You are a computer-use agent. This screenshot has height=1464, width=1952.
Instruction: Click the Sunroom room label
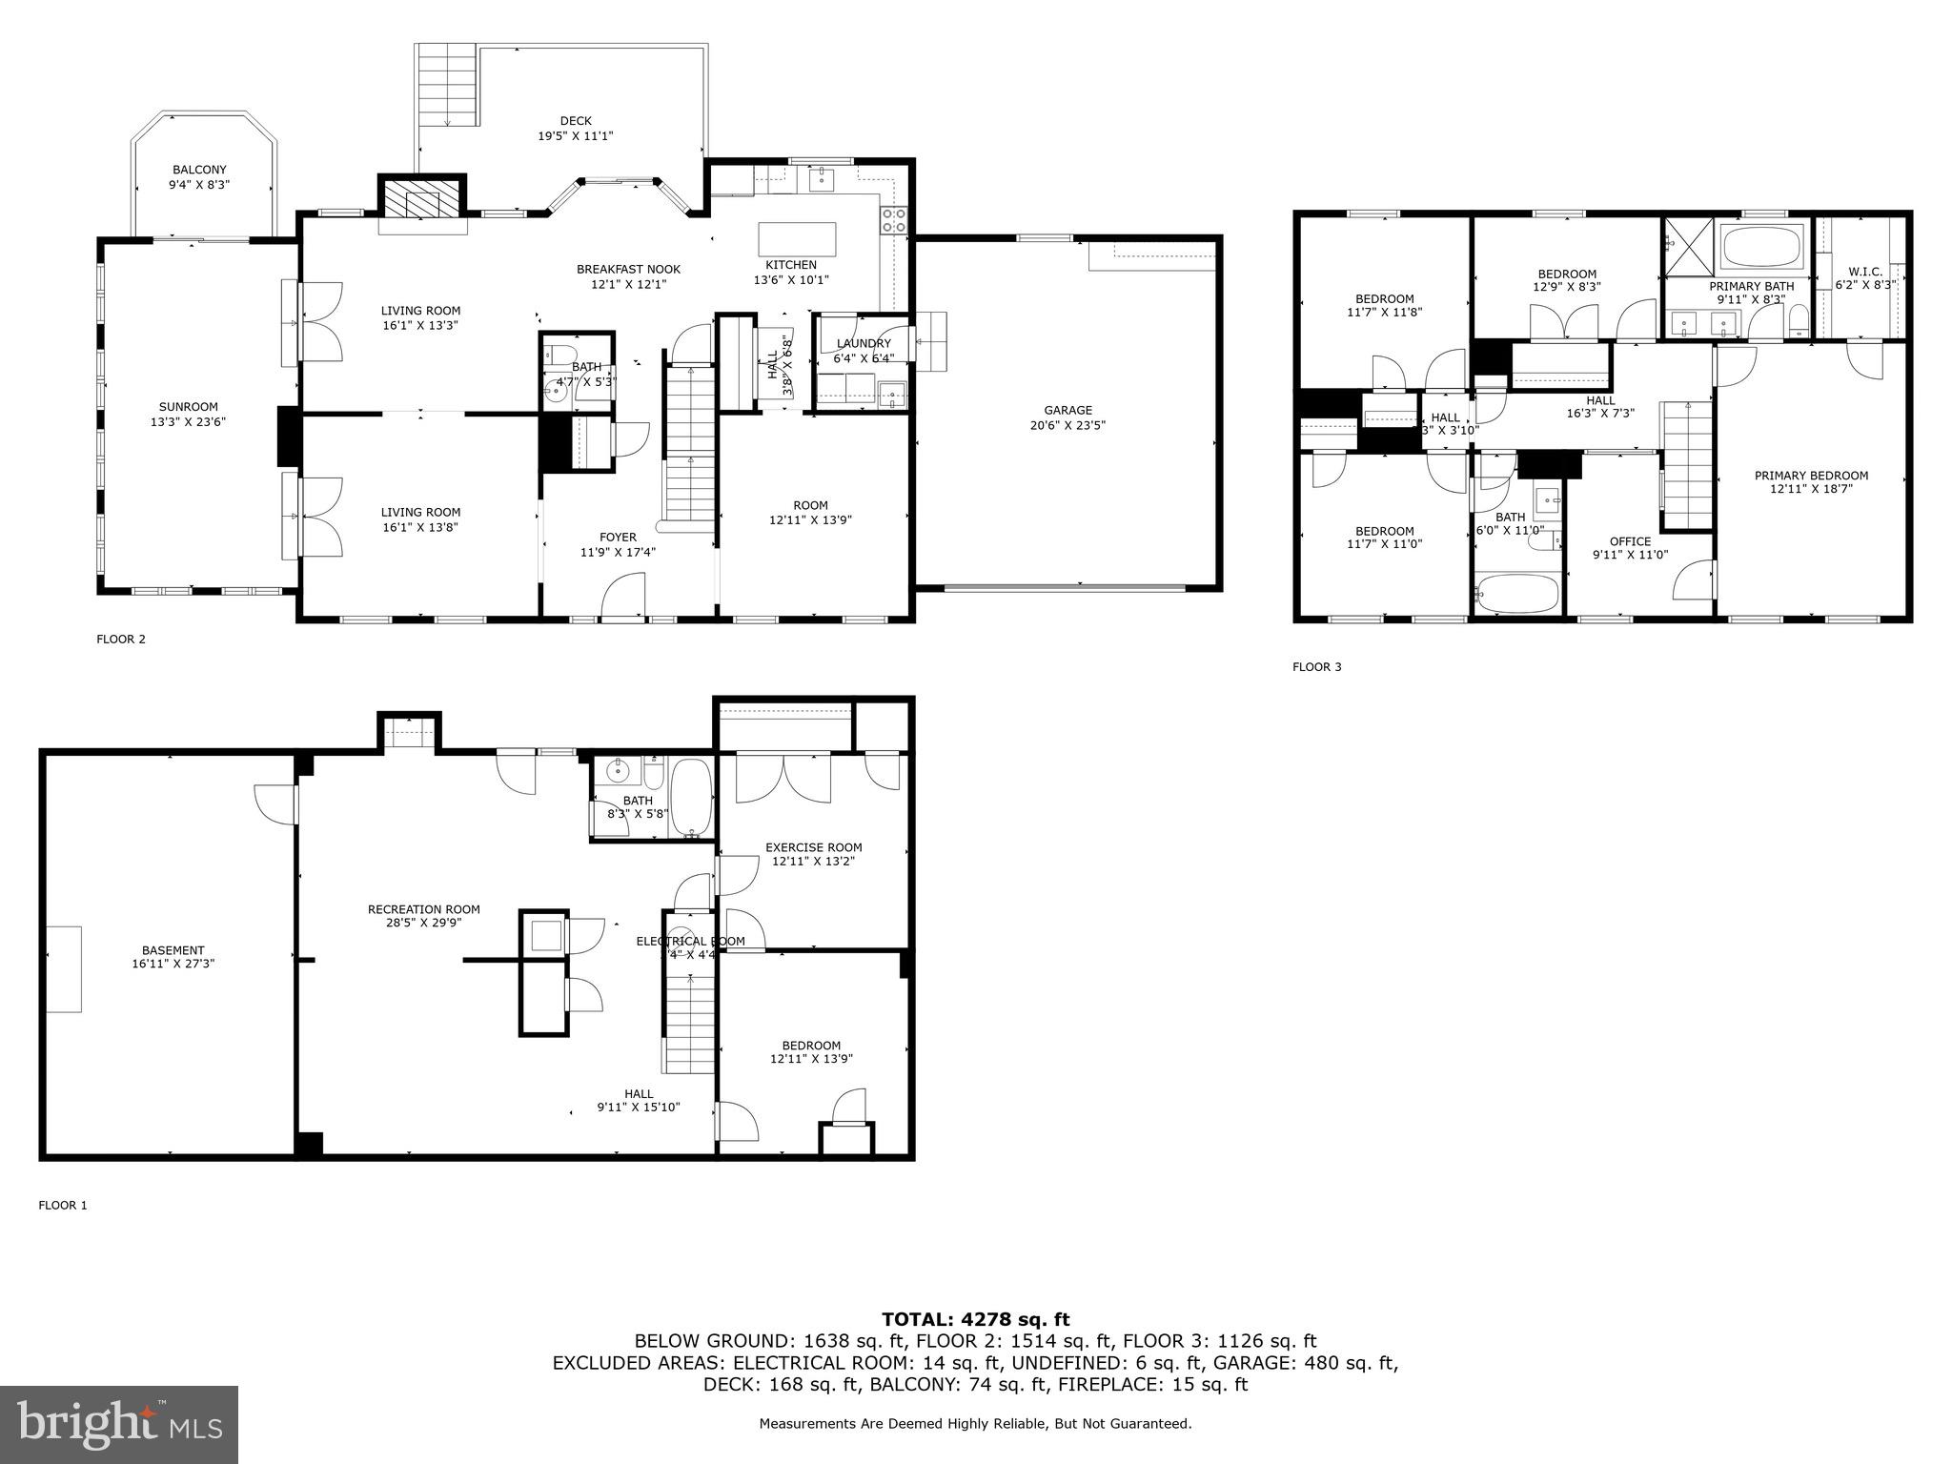[x=189, y=407]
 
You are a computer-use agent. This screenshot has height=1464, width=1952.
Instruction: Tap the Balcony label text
[x=200, y=170]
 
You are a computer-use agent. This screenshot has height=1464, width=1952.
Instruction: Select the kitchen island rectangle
[x=797, y=236]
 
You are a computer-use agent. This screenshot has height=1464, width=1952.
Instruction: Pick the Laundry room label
[x=863, y=344]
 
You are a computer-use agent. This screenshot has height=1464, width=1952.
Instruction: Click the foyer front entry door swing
[x=623, y=596]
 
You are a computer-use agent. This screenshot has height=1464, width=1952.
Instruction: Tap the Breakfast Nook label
[x=628, y=270]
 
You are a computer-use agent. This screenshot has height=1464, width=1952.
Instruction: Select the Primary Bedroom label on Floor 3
[x=1811, y=476]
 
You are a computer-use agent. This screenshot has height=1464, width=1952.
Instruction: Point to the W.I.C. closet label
[x=1865, y=272]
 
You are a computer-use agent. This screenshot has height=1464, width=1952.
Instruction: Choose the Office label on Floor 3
[x=1630, y=541]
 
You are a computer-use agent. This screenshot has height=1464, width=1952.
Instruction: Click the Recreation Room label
[x=423, y=909]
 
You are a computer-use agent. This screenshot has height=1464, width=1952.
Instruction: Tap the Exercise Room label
[x=813, y=847]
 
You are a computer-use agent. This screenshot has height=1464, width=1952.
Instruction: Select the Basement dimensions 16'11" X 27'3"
[x=173, y=964]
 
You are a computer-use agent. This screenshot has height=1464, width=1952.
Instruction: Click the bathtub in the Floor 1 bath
[x=691, y=797]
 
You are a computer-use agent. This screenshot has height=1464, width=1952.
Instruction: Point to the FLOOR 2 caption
[x=120, y=640]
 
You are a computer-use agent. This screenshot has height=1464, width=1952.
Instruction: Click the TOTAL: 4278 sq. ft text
[x=975, y=1319]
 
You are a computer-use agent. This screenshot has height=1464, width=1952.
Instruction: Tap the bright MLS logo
[x=119, y=1424]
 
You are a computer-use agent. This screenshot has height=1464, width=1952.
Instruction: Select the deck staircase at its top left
[x=447, y=86]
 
